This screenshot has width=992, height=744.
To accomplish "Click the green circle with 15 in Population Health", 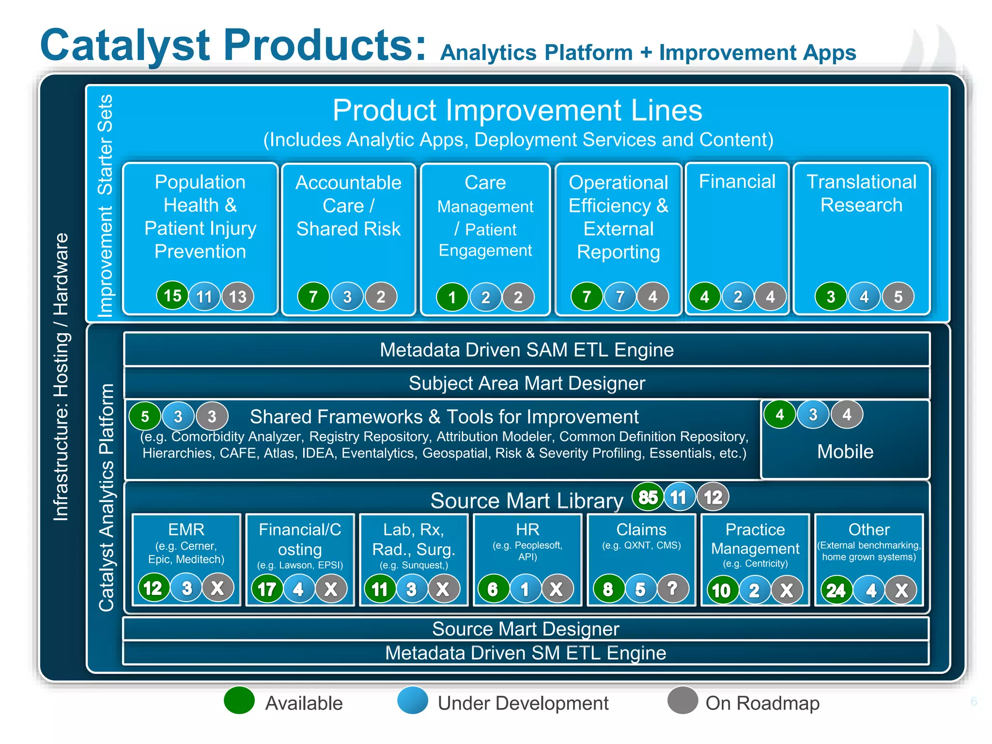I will pos(172,295).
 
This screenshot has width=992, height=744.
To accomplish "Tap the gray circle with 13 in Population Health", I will pos(237,296).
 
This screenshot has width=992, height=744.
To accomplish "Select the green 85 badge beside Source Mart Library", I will pos(648,497).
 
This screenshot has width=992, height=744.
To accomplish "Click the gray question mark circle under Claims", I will pos(672,589).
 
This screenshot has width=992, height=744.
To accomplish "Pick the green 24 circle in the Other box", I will pos(836,590).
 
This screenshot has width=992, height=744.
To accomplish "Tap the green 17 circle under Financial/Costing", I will pos(267,589).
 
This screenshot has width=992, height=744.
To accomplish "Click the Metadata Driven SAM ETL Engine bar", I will pos(527,350).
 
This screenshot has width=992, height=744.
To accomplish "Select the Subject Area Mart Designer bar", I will pos(527,383).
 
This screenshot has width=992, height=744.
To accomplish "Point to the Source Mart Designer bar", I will pos(526,629).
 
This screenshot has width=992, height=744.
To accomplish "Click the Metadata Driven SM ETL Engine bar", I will pos(526,653).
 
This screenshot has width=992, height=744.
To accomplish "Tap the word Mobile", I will pos(845,451).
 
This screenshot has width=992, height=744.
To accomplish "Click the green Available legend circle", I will pos(239,700).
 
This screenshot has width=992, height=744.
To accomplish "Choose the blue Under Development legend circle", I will pos(412,700).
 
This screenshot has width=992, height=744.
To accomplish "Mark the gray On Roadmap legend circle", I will pos(682,700).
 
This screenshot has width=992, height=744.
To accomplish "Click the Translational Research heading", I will pos(861,193).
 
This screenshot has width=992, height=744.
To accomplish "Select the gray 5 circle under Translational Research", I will pos(898,296).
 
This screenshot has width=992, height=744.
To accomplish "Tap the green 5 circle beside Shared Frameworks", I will pos(145,416).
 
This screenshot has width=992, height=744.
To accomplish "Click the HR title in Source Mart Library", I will pos(527,529).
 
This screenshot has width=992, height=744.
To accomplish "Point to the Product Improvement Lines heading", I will pos(517,110).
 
